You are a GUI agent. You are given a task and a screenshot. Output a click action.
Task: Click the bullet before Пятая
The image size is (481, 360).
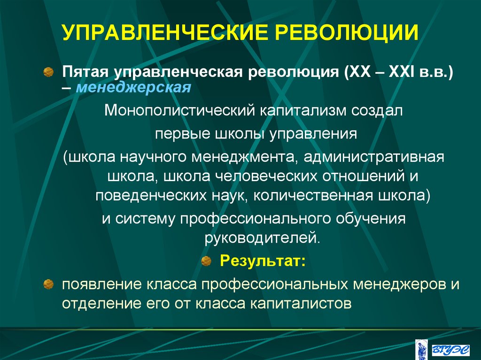(x=48, y=71)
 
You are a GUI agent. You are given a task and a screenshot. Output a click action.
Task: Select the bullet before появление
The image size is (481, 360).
(x=48, y=283)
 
